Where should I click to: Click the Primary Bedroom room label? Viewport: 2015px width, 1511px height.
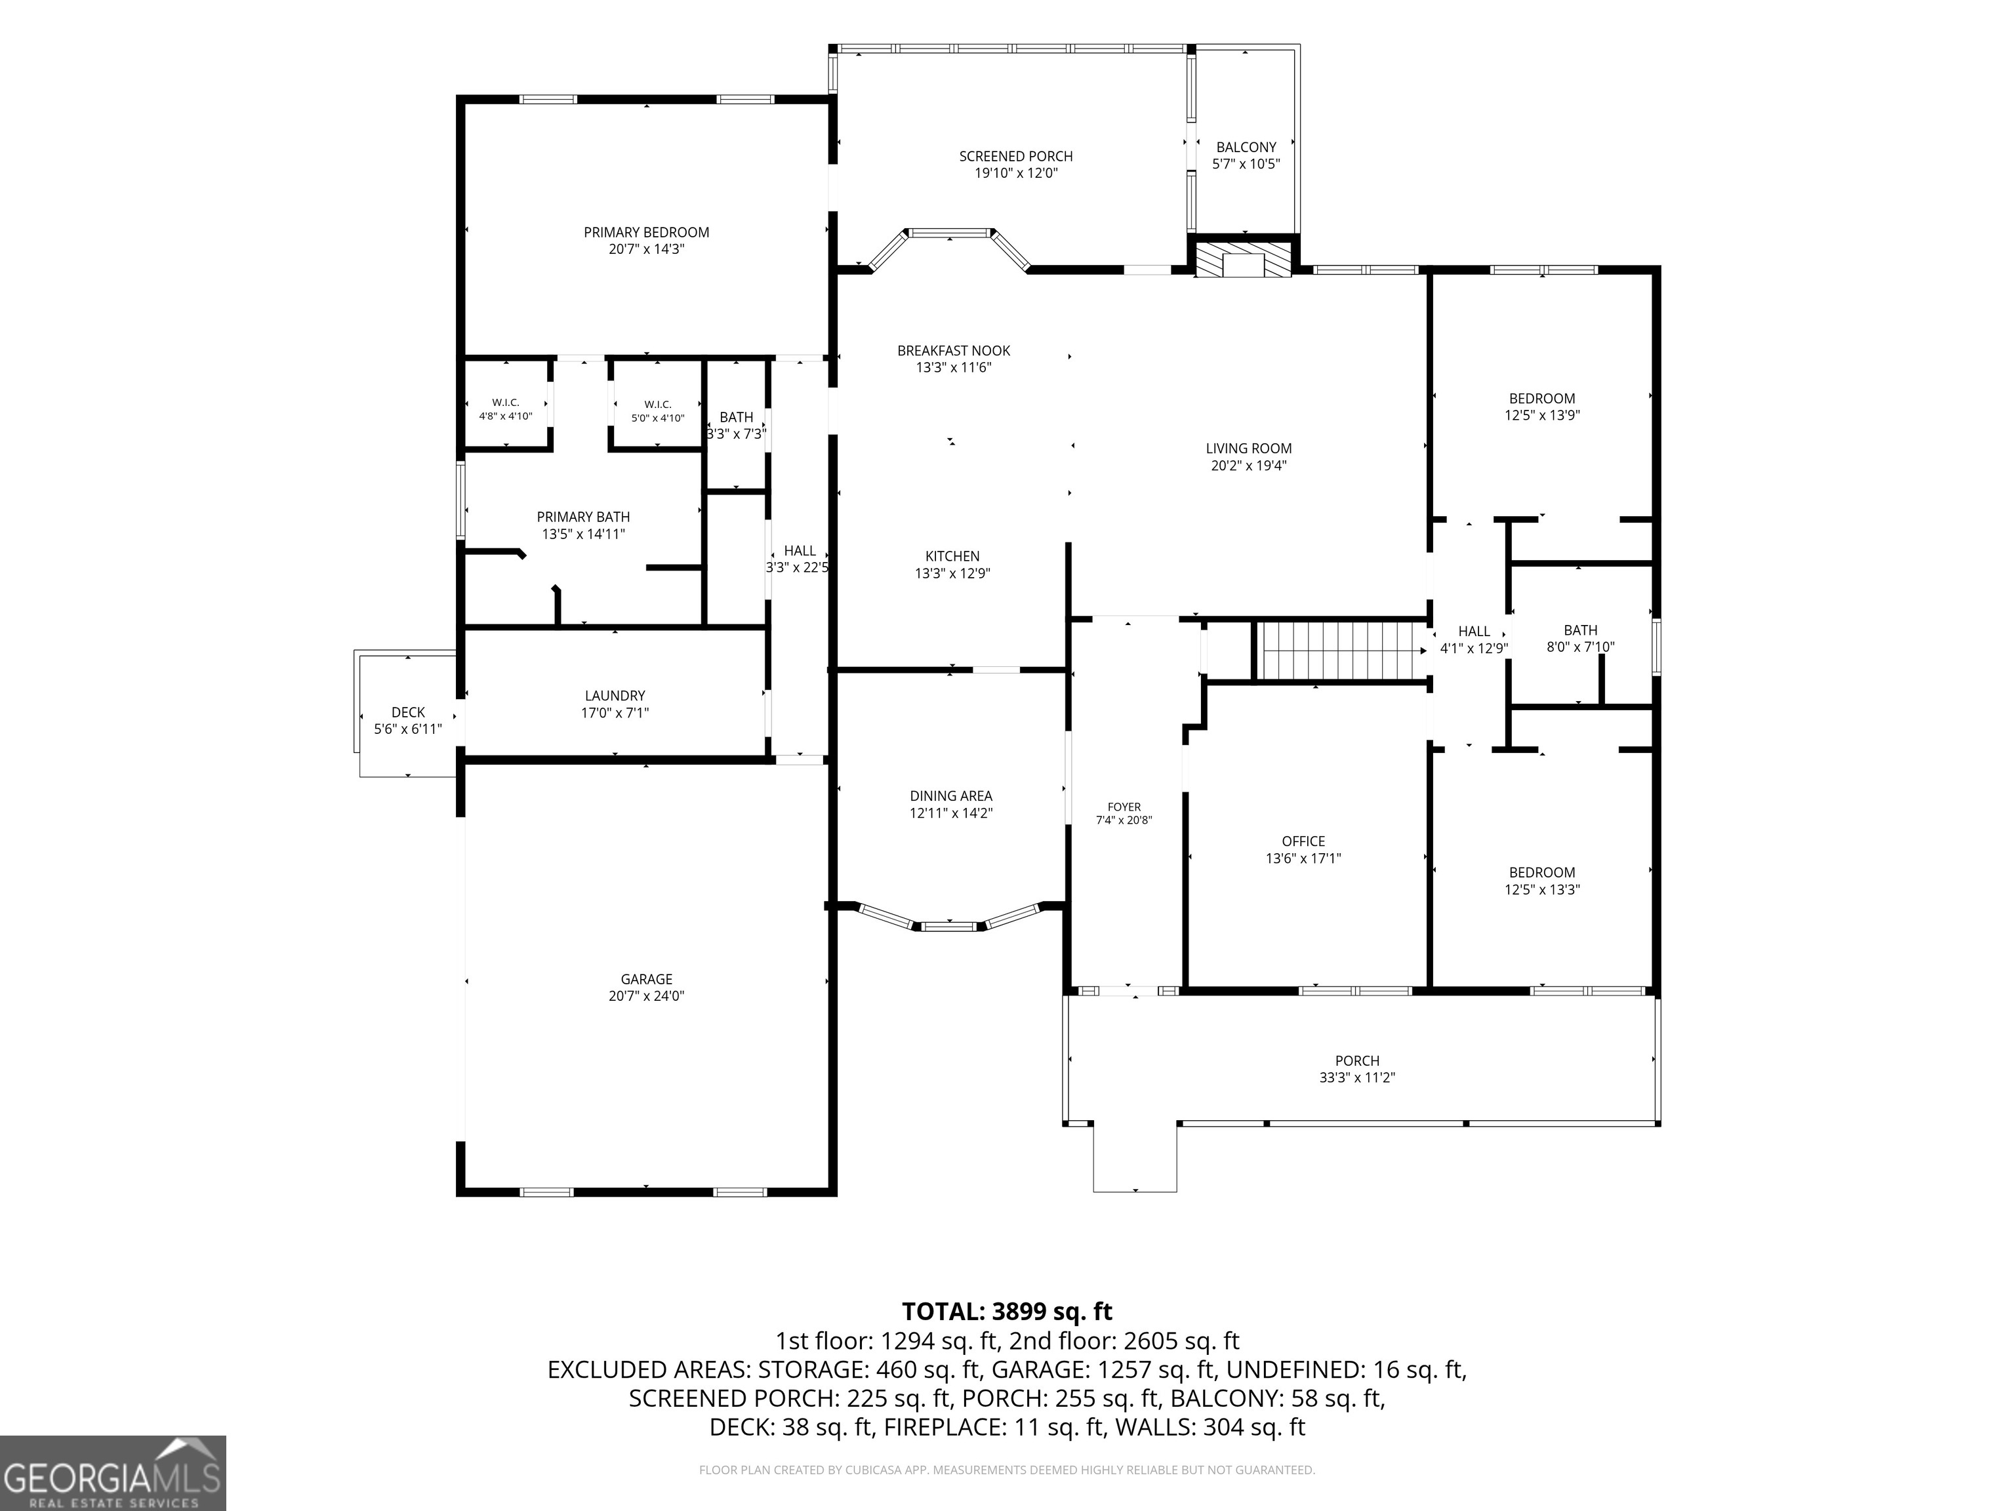tap(646, 232)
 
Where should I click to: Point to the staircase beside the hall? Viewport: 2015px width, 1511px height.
tap(1340, 651)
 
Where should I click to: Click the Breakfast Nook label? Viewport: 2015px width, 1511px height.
tap(953, 351)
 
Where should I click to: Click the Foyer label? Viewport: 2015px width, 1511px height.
tap(1124, 807)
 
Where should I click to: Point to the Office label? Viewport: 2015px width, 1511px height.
tap(1303, 841)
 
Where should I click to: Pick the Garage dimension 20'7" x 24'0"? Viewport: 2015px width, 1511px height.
tap(646, 996)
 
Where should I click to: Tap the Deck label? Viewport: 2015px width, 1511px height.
tap(408, 712)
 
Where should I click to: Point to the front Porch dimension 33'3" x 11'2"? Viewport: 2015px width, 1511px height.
tap(1357, 1078)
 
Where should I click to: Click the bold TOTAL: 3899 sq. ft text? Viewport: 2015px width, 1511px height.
tap(1007, 1312)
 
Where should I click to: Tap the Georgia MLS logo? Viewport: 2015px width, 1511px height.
tap(113, 1473)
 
